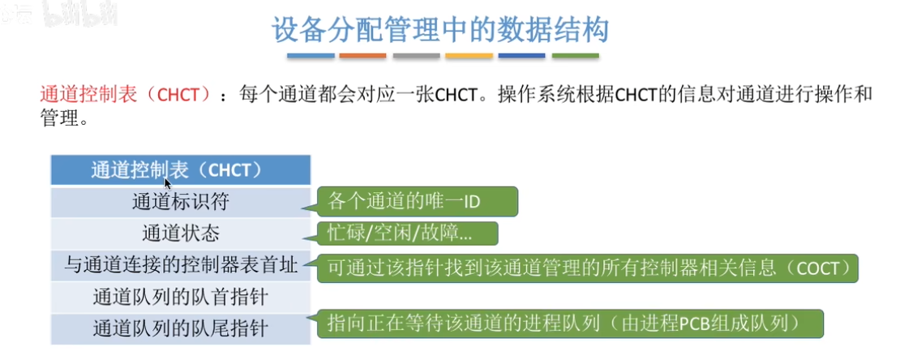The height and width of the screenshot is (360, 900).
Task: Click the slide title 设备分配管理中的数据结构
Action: coord(439,31)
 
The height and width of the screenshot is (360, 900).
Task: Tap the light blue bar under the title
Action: coord(311,56)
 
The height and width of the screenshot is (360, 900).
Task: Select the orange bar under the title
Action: coord(362,56)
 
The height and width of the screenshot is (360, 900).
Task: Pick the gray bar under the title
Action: coord(416,56)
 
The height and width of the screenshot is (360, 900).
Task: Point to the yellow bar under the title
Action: coord(469,56)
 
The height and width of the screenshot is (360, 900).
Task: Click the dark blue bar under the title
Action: coord(521,56)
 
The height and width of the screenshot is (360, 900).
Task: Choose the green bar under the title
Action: coord(575,56)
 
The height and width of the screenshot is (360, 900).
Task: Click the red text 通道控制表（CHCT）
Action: coord(126,95)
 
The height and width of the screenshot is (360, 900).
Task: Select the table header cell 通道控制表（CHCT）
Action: coord(180,170)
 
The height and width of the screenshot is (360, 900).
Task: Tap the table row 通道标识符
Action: coord(180,202)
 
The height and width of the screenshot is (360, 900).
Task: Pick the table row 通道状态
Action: coord(180,234)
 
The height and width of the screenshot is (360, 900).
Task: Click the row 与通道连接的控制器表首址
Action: coord(180,265)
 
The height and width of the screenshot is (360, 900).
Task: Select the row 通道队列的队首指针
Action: coord(180,297)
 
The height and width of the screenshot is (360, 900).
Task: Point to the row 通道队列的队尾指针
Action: coord(180,329)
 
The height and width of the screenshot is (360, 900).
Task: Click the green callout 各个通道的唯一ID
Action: coord(418,202)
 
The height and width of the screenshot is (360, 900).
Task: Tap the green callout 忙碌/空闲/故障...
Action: coord(408,234)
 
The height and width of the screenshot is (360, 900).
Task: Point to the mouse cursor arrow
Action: coord(167,183)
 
